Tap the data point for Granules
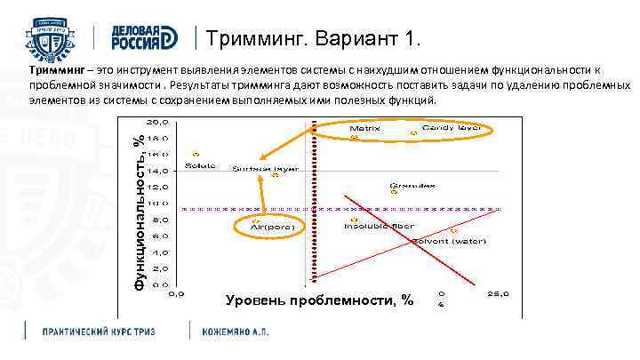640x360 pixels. (x=394, y=190)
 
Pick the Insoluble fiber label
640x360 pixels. (x=380, y=226)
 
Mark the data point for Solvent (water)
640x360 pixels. (x=453, y=230)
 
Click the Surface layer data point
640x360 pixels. (x=276, y=175)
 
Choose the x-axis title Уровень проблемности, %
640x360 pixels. (x=320, y=300)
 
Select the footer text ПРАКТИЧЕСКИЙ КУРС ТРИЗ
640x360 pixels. (x=99, y=331)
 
